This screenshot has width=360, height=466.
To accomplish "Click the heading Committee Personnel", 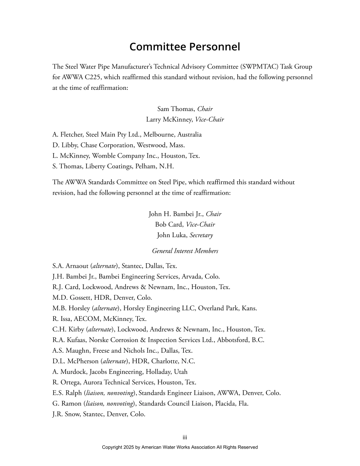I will pyautogui.click(x=185, y=47).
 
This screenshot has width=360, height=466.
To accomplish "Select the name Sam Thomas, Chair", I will pyautogui.click(x=185, y=109).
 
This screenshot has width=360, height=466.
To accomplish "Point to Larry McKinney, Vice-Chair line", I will pyautogui.click(x=185, y=119).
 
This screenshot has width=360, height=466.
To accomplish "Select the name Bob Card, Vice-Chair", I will pyautogui.click(x=185, y=224).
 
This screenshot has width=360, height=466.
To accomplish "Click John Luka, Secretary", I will pyautogui.click(x=185, y=235).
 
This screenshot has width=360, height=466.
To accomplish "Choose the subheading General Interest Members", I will pyautogui.click(x=185, y=251).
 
